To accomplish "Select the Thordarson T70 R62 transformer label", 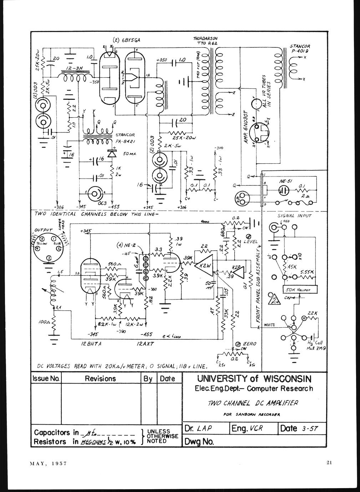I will tap(205, 41).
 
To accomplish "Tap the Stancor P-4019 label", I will tap(300, 48).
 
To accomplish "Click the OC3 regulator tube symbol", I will tap(95, 194).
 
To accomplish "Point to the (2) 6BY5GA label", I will tap(126, 40).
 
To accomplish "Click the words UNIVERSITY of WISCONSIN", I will tap(254, 379).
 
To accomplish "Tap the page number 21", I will tap(329, 463).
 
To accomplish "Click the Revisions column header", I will tap(100, 379).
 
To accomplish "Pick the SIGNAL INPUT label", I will tap(294, 216).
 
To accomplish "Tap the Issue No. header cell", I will tap(46, 379).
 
